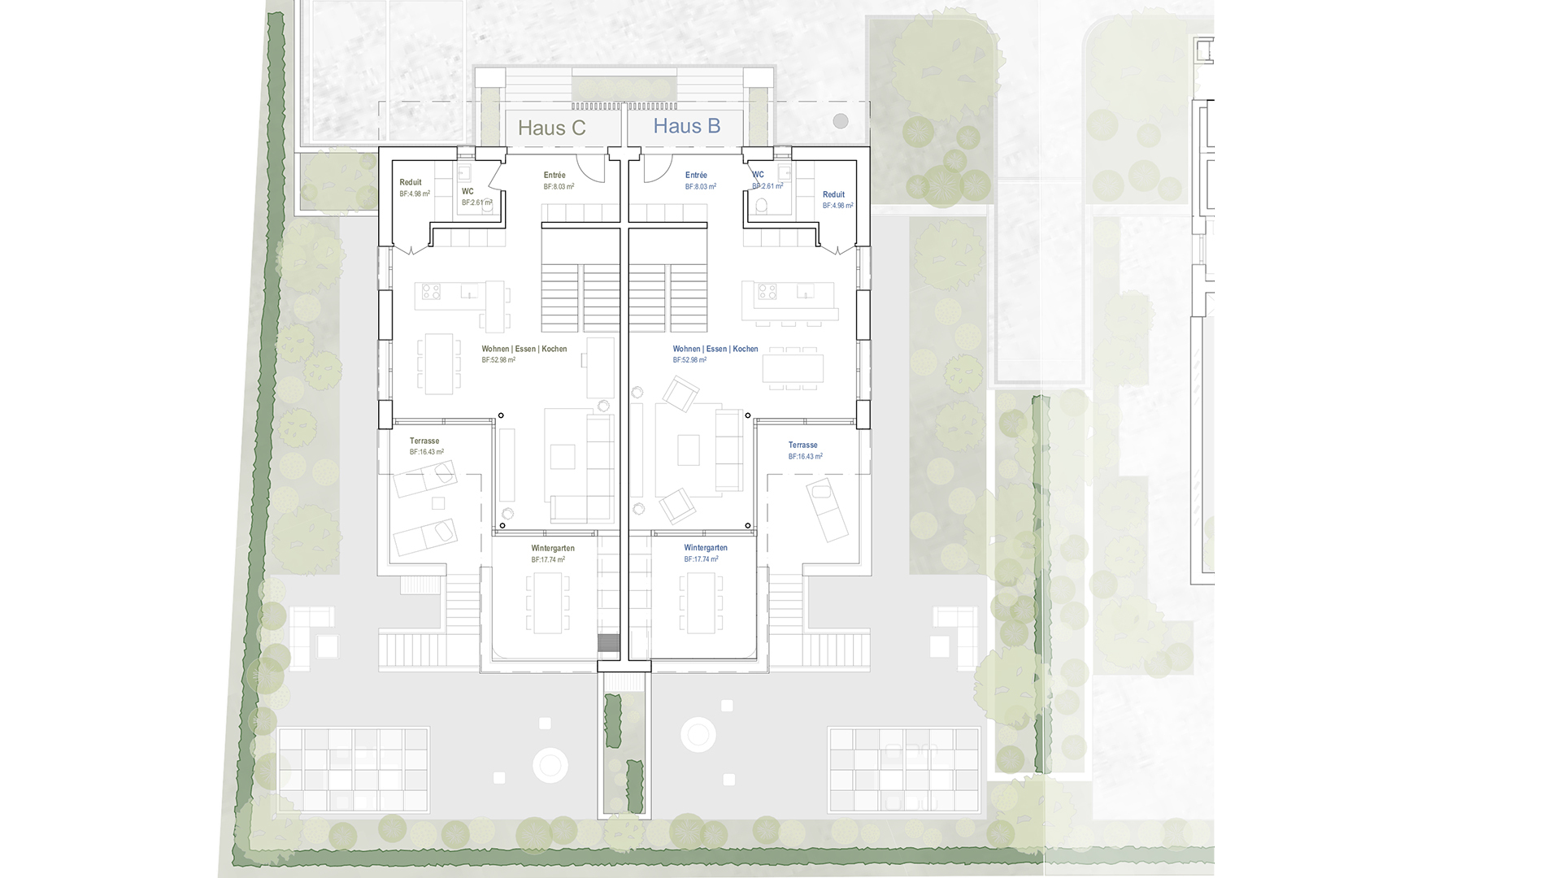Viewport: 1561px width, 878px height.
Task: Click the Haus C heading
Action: [551, 128]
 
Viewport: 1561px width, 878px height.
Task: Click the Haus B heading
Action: [686, 126]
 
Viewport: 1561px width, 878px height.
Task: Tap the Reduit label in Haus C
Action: [411, 183]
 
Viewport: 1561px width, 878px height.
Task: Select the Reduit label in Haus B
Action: [833, 195]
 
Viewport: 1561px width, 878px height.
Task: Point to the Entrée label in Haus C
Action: [554, 176]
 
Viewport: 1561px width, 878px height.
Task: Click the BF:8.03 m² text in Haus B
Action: [700, 187]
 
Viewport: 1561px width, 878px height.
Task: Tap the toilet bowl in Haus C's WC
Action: [488, 206]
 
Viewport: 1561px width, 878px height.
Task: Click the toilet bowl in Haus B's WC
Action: [762, 206]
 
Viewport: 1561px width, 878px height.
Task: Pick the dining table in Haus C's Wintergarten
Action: [548, 603]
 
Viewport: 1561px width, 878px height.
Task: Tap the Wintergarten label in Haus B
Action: [706, 548]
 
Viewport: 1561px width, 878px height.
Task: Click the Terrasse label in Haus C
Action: [424, 441]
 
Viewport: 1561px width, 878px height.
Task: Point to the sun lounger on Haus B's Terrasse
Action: [827, 509]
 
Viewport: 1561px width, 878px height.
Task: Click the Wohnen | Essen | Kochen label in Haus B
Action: [715, 350]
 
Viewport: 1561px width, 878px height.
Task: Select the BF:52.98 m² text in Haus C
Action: [498, 360]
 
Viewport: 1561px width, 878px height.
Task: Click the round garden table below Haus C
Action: [550, 765]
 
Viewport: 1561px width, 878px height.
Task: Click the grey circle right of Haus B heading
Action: [840, 121]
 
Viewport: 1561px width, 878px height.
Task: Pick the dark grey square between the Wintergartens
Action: [608, 642]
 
